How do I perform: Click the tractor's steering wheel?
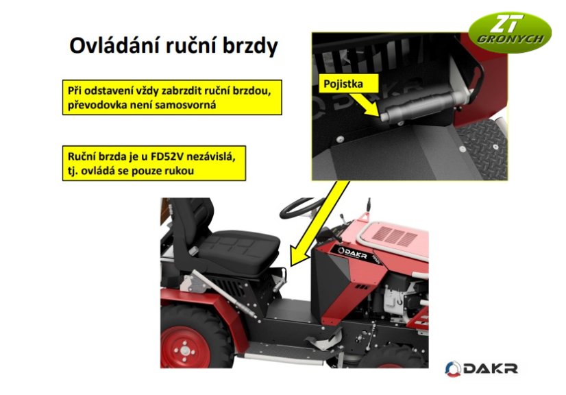click(301, 207)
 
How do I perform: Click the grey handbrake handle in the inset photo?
click(417, 104)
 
